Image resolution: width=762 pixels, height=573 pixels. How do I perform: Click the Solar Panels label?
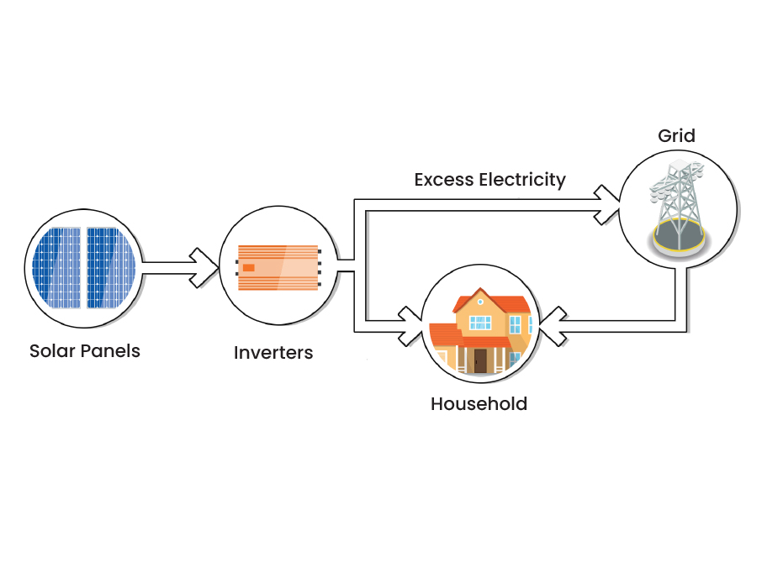(84, 350)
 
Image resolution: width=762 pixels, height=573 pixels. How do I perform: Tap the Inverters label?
(273, 353)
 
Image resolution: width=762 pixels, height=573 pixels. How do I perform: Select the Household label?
(479, 404)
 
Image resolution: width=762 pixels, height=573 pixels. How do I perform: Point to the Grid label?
(677, 135)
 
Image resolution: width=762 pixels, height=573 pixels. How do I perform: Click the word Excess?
(443, 180)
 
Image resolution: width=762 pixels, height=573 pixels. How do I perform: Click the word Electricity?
(522, 180)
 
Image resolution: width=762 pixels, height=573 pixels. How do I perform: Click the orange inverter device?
(278, 268)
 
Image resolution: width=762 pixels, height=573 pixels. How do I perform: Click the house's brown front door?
(480, 360)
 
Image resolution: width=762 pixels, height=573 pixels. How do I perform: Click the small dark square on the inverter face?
(249, 267)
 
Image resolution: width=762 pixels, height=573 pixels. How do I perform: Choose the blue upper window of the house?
(480, 322)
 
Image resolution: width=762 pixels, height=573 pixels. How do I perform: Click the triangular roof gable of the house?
(479, 300)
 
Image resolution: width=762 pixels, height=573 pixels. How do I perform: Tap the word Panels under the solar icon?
(111, 350)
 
